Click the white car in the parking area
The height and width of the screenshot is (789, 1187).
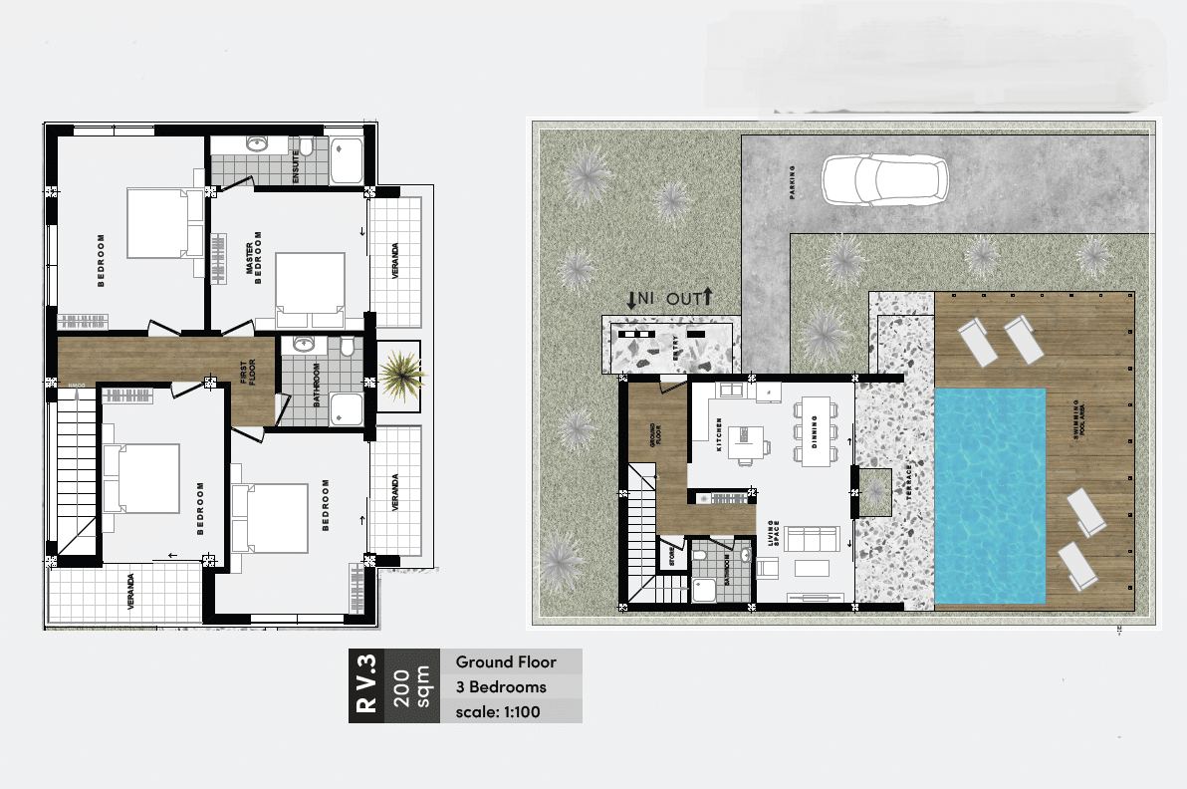tap(884, 180)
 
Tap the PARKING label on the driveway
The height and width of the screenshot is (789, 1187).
tap(794, 182)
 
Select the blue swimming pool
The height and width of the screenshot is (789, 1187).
tap(990, 495)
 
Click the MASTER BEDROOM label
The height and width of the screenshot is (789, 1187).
tap(255, 259)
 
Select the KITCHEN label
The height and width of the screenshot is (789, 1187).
tap(718, 435)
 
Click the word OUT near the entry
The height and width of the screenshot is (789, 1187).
tap(684, 297)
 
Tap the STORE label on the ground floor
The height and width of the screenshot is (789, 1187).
tap(671, 555)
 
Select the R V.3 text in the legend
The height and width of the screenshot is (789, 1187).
tap(365, 685)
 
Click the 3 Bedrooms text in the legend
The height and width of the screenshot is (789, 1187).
tap(501, 686)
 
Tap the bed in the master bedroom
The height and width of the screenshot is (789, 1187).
tap(310, 290)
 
